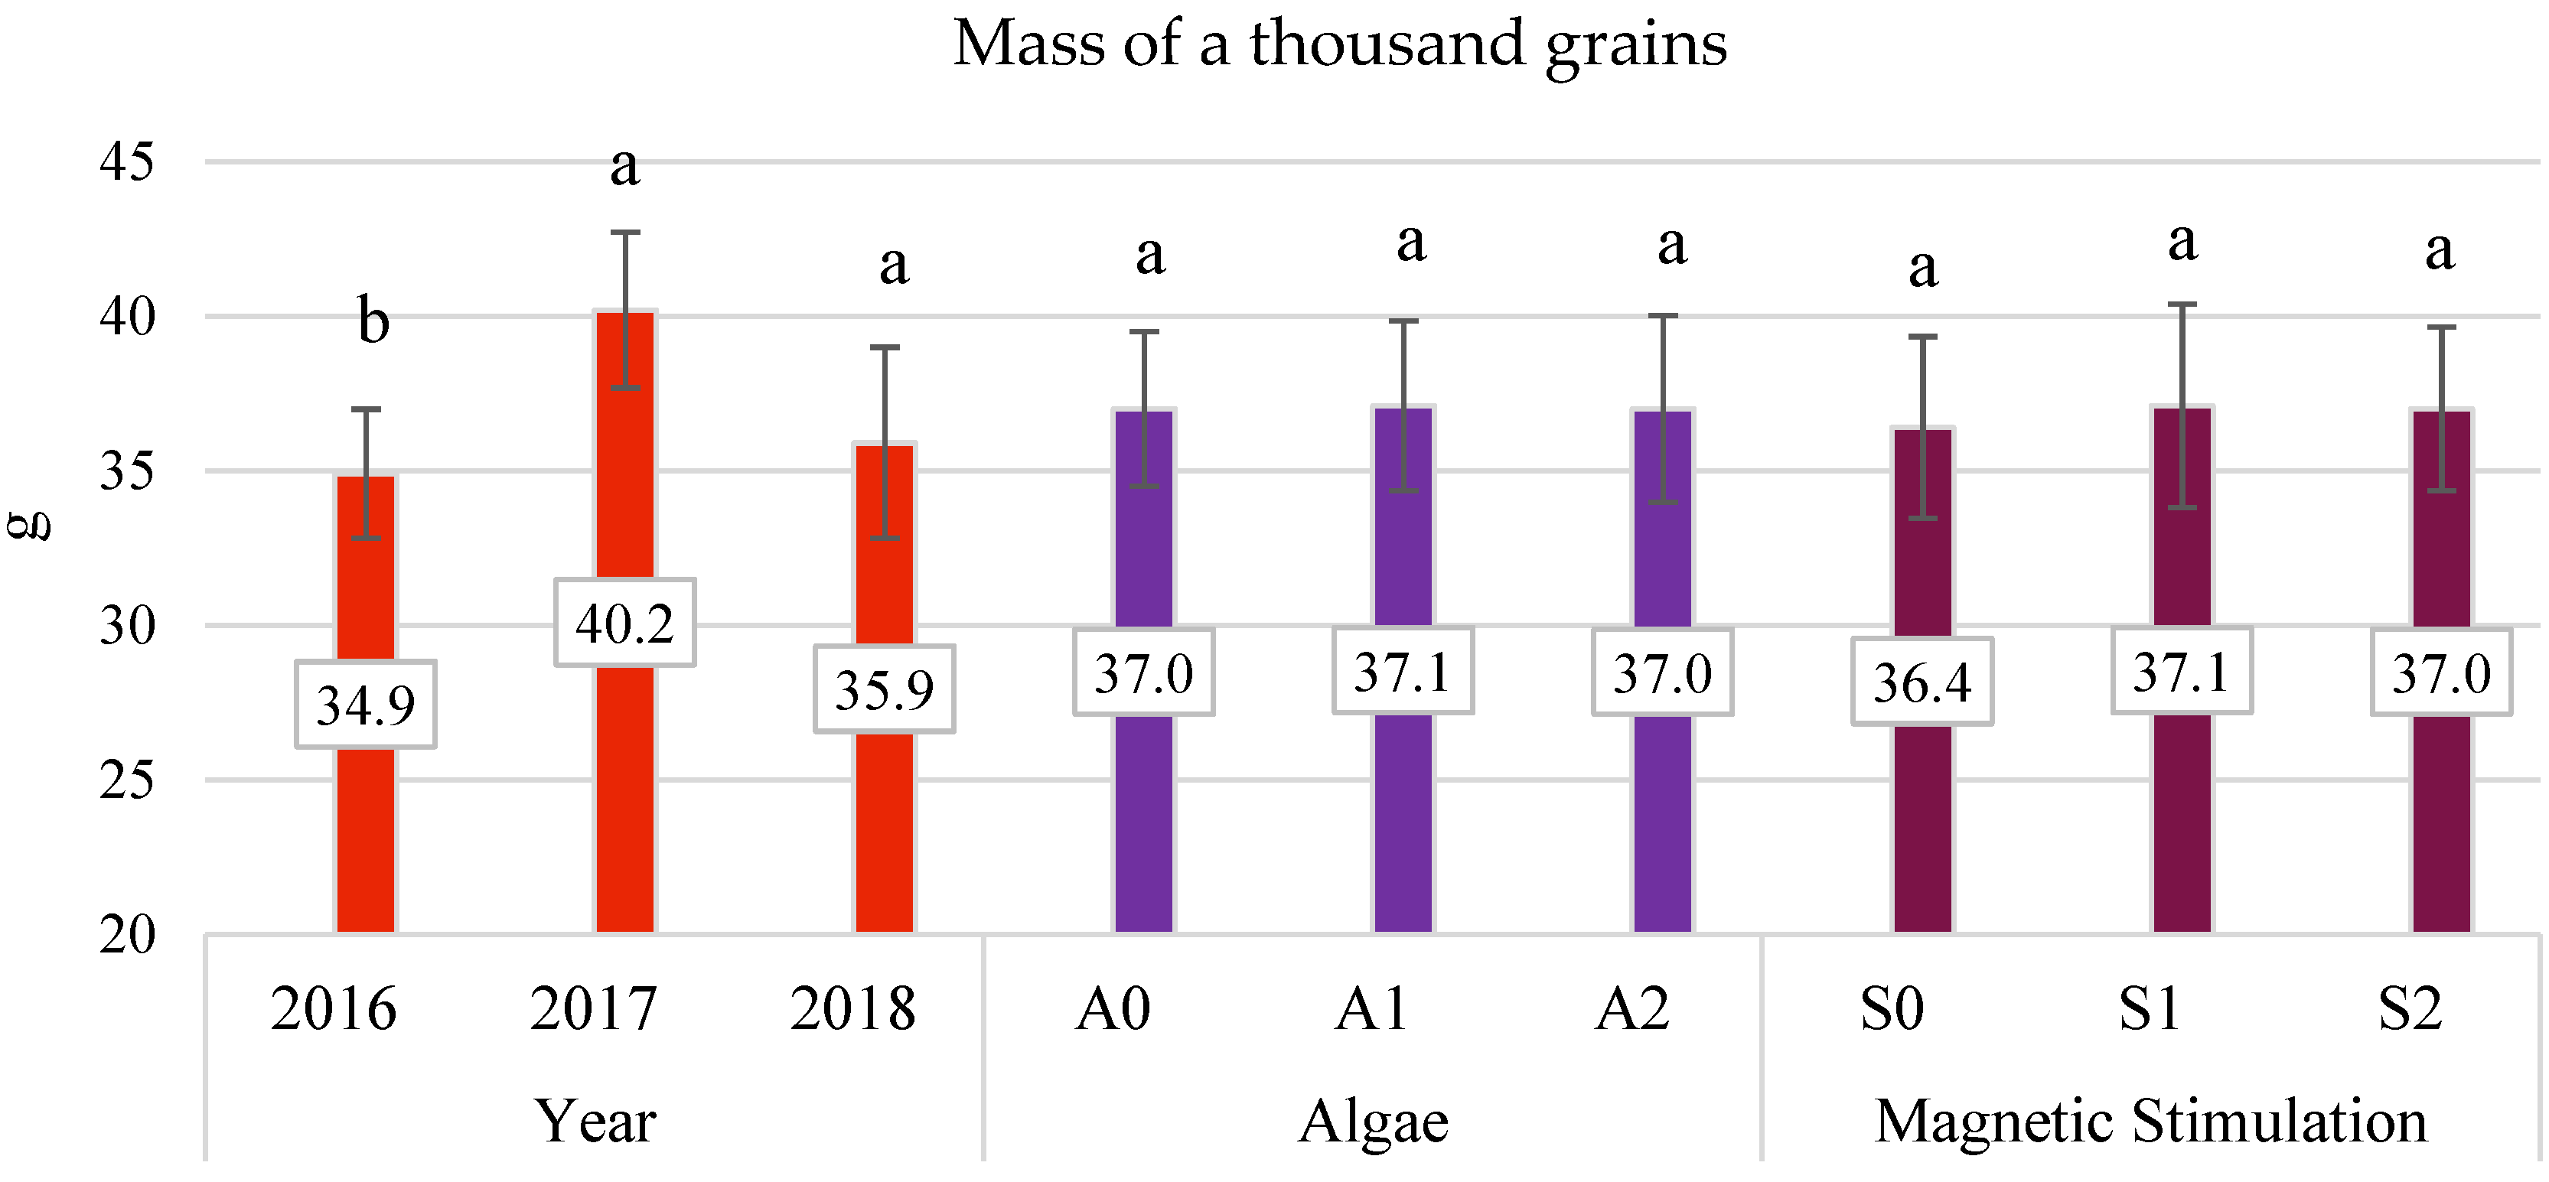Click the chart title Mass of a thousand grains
[1340, 44]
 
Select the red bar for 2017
[624, 791]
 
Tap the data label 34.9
[365, 705]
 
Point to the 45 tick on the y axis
[128, 161]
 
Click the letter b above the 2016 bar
[373, 321]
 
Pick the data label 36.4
[1922, 682]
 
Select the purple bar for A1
[1403, 821]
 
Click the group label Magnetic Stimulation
[2151, 1121]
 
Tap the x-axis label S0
[1891, 1009]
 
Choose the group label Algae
[1374, 1121]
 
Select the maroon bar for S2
[2441, 821]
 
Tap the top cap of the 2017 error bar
[624, 233]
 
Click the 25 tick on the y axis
[128, 781]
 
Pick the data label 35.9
[884, 689]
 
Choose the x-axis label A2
[1631, 1009]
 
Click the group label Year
[595, 1121]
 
